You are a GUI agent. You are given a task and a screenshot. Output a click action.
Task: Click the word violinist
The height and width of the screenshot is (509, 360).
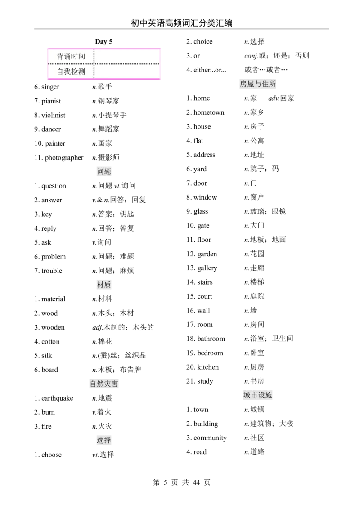(53, 115)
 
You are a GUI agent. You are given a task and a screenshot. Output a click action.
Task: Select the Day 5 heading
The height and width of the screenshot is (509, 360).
(103, 41)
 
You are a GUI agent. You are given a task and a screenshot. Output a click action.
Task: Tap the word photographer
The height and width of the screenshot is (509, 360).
(64, 158)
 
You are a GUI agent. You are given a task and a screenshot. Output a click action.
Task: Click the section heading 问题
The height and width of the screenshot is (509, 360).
(104, 171)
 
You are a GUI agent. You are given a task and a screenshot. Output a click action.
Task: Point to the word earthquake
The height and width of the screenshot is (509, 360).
(57, 398)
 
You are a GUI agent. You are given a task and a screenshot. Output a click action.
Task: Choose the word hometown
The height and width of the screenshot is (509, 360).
(209, 112)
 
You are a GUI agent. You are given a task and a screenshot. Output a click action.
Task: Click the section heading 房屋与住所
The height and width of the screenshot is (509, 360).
(258, 84)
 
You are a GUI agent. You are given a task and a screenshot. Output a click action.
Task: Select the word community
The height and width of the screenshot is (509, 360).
(210, 438)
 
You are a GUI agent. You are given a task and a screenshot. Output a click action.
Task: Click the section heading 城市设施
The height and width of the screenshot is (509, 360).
(258, 395)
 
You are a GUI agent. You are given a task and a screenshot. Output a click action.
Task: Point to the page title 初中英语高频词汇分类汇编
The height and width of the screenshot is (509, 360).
(182, 23)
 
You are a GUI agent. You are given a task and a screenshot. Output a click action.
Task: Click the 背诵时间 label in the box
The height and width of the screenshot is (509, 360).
(71, 56)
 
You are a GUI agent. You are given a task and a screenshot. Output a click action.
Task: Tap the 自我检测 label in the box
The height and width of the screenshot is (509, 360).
(71, 71)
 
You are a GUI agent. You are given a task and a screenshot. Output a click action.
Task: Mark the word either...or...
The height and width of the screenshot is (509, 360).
(210, 70)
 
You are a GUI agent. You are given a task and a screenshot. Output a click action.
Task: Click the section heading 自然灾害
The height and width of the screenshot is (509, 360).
(104, 384)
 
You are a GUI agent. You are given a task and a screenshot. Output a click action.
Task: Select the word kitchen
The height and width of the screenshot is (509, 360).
(208, 367)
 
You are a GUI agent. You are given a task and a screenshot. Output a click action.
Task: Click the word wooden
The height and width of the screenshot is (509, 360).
(53, 327)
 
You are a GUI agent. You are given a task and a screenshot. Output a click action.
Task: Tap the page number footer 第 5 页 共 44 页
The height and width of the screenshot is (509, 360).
(182, 482)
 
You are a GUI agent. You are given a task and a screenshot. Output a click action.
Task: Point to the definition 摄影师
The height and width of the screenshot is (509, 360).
(108, 157)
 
